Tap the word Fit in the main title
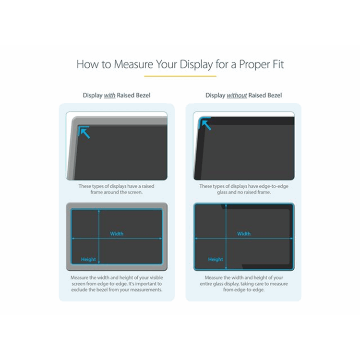(277, 64)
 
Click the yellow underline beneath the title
(180, 76)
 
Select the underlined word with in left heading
(109, 96)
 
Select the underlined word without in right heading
(237, 96)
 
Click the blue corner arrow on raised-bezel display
(84, 132)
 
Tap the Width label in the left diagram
(117, 234)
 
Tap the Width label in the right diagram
(244, 234)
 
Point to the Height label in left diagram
(88, 259)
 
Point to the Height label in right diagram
(216, 259)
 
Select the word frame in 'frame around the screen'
(98, 192)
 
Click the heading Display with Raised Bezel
(117, 96)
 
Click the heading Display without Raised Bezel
(243, 96)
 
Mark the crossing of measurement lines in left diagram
(99, 239)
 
